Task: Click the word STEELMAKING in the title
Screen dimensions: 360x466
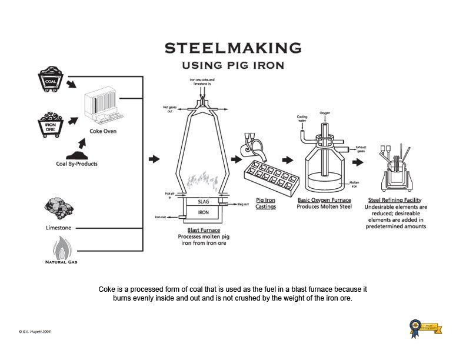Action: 233,48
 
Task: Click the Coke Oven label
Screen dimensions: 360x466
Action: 103,131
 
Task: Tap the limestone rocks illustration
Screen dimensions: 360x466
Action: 58,209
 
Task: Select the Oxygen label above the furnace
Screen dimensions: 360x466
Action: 325,113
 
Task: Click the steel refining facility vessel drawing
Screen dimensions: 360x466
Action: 394,171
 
